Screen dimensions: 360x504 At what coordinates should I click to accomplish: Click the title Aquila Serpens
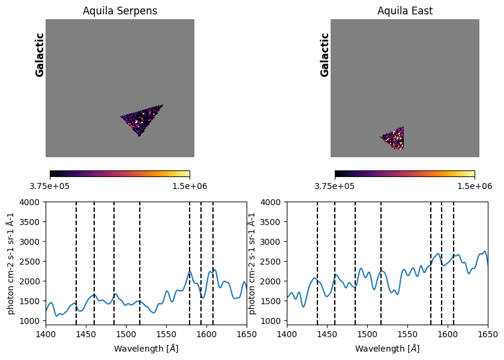tap(120, 11)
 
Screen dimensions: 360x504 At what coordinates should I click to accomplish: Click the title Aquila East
tap(405, 11)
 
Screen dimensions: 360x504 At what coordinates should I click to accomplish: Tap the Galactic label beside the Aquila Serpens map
tap(40, 55)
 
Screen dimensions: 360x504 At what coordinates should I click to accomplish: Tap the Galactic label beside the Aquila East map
tap(325, 55)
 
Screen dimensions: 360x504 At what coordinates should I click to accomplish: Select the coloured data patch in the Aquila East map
tap(395, 138)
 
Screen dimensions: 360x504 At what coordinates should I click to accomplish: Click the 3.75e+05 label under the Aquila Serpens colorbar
tap(50, 185)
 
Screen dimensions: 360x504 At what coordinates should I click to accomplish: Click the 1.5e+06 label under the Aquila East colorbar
tap(475, 185)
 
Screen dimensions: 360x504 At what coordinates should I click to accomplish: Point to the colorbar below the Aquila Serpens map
tap(120, 174)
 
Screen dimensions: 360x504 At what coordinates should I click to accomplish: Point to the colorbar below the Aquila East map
tap(405, 174)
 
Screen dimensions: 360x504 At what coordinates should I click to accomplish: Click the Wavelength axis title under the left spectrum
tap(146, 348)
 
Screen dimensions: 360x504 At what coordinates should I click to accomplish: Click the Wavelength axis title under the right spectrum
tap(387, 348)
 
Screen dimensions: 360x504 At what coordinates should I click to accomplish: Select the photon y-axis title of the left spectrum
tap(11, 263)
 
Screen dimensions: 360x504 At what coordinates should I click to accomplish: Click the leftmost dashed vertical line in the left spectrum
tap(76, 264)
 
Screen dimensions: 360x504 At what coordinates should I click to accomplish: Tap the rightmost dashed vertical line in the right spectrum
tap(454, 264)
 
